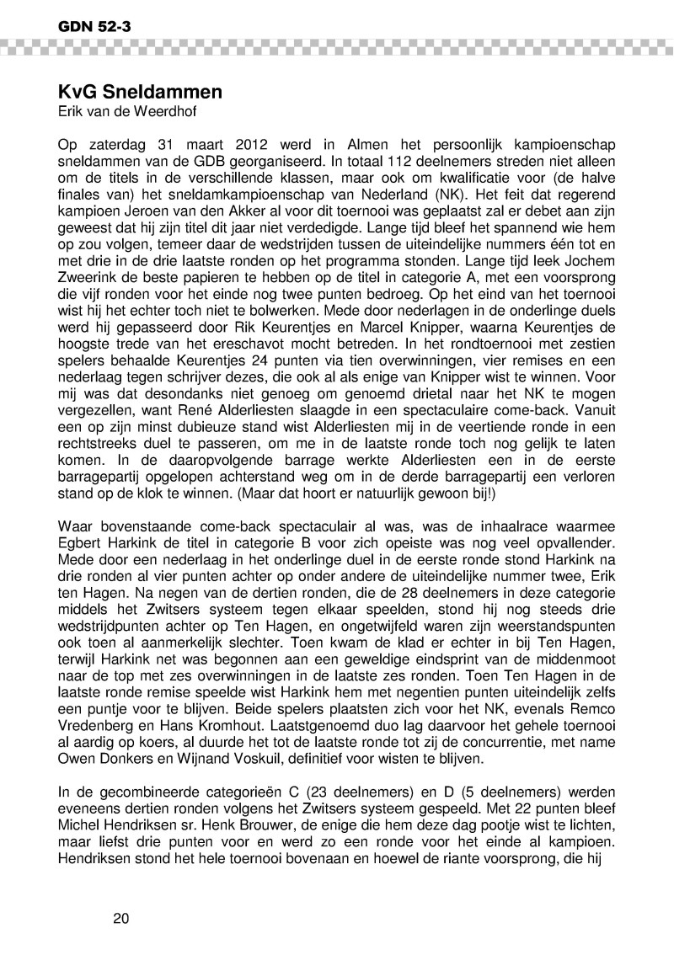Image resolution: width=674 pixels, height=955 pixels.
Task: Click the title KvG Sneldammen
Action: coord(140,91)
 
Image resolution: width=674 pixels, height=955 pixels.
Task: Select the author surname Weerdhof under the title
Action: coord(151,110)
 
